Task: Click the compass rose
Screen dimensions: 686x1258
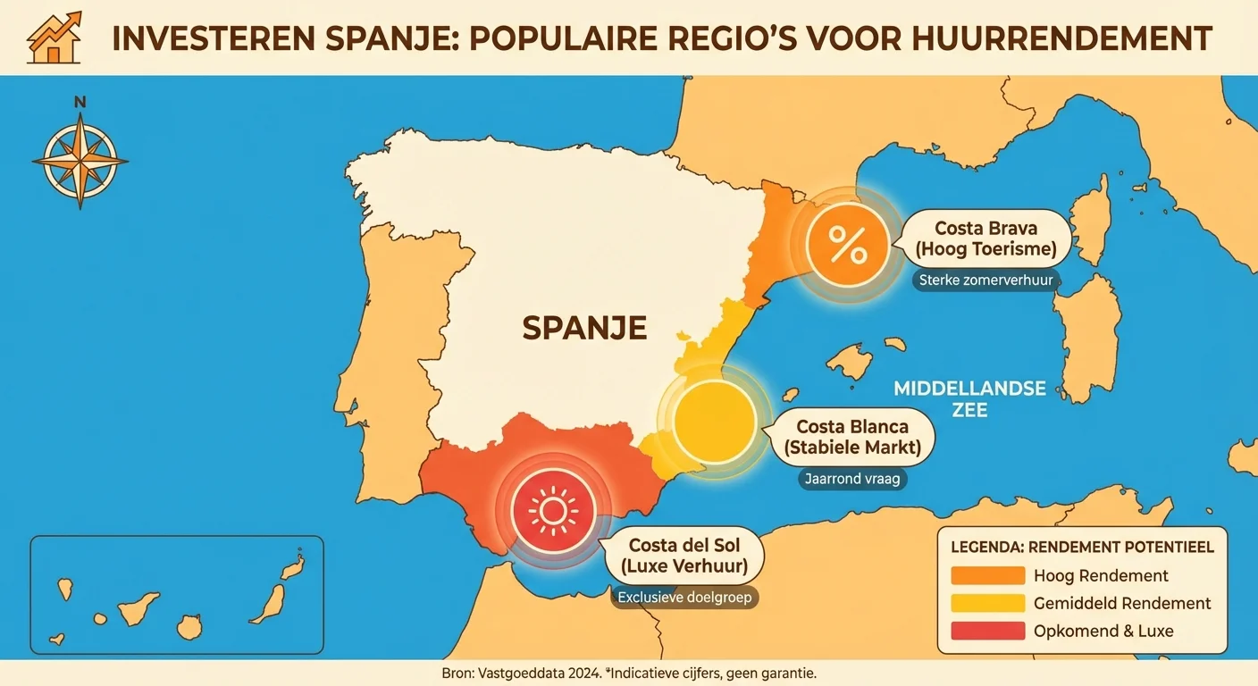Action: [80, 161]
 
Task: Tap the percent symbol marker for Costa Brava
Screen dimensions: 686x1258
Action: [847, 244]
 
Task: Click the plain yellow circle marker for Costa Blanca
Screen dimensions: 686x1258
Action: [713, 422]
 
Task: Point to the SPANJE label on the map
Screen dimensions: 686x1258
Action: [584, 328]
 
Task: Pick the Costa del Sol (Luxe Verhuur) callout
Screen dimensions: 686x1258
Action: [684, 556]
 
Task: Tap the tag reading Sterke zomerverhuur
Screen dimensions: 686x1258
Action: [987, 280]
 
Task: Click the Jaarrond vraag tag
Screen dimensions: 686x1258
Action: [851, 479]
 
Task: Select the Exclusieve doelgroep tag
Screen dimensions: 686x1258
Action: [684, 598]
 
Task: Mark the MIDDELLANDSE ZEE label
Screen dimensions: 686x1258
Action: [970, 399]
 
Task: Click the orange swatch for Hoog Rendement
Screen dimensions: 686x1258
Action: [988, 575]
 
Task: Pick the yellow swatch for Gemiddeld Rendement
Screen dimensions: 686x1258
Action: [988, 603]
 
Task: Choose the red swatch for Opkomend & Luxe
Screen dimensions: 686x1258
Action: [988, 631]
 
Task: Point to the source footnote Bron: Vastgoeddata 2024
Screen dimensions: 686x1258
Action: [519, 673]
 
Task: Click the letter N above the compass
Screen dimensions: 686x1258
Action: [80, 103]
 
